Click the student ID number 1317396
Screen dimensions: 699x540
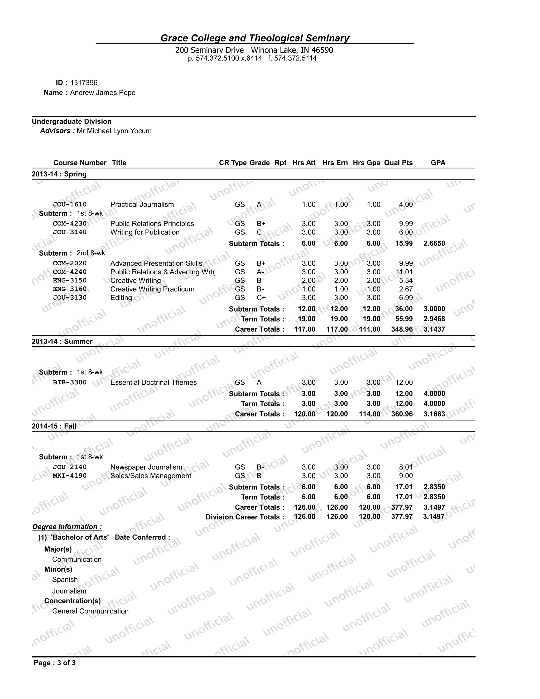[84, 83]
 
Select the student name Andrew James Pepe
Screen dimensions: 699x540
[103, 93]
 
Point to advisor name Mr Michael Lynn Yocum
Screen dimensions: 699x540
[114, 131]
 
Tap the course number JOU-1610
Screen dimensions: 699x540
[70, 204]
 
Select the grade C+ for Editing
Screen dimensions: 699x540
[261, 297]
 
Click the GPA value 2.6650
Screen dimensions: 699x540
[434, 243]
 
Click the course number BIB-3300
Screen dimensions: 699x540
[70, 382]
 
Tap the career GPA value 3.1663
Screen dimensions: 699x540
[434, 414]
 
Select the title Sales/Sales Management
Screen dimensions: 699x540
[150, 476]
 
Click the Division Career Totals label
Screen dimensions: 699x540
[244, 517]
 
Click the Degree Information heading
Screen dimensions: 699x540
[67, 526]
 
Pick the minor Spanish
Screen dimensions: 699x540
[65, 579]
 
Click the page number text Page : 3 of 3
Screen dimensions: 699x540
[55, 663]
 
